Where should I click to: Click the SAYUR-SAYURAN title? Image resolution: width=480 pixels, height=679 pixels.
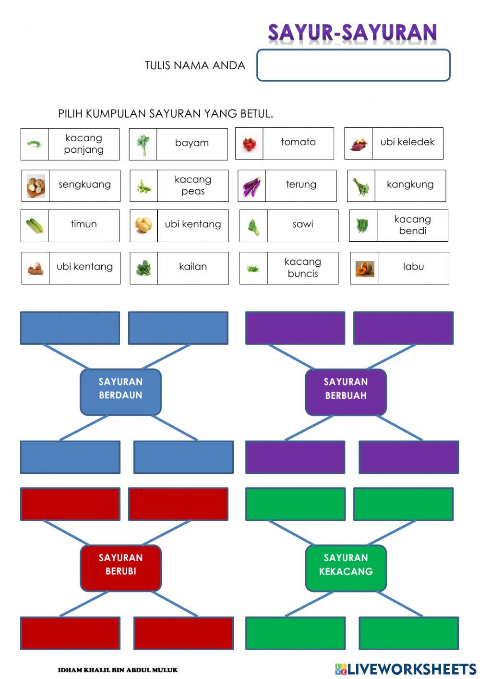352,33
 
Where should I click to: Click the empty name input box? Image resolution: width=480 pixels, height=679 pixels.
353,65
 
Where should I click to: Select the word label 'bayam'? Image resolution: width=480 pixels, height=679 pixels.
192,143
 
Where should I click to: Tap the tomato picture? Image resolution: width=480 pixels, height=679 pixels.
249,144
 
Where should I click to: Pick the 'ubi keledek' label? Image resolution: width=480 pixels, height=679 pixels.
407,142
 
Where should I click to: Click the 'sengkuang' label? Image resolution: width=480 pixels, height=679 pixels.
84,185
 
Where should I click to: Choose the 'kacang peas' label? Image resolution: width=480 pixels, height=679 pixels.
193,185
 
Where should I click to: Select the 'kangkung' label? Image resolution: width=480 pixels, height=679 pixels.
410,185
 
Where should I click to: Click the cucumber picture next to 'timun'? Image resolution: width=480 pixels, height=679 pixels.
35,226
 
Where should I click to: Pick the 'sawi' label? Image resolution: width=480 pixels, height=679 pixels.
302,224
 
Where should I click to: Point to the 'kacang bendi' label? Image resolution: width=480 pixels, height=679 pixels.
412,225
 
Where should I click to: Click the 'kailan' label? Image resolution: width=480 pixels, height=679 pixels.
193,267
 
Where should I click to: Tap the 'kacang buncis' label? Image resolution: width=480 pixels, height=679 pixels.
302,268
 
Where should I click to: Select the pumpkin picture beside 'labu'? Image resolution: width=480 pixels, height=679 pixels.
364,269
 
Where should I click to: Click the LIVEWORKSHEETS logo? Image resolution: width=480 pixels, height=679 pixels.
406,669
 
